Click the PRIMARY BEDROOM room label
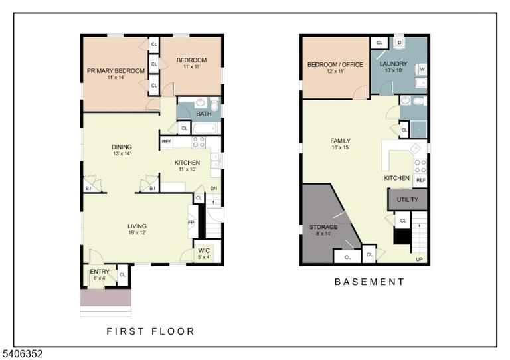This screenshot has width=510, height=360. click(x=116, y=71)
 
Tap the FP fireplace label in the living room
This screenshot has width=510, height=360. click(x=191, y=222)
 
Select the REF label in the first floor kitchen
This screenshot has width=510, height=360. click(x=167, y=141)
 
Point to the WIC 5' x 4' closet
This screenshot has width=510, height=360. click(x=204, y=253)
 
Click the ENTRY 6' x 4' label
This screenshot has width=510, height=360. click(x=100, y=274)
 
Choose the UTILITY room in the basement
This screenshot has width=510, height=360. click(x=407, y=199)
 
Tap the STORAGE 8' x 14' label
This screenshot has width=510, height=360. click(x=323, y=230)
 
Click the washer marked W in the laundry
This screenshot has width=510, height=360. click(x=422, y=69)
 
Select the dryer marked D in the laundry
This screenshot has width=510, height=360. click(x=400, y=43)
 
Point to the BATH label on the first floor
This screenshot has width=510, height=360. click(x=204, y=114)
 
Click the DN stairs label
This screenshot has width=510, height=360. click(x=214, y=188)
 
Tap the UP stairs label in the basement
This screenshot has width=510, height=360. click(x=419, y=259)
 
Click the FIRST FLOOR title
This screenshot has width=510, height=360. click(x=151, y=331)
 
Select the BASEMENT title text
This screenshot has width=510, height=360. click(x=369, y=282)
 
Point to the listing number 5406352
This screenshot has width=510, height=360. click(x=21, y=354)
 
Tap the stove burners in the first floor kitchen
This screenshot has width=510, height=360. click(x=199, y=142)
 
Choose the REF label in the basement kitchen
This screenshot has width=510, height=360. click(x=421, y=180)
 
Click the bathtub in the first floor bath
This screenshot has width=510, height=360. click(x=205, y=128)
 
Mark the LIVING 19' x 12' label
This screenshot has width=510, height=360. click(x=137, y=229)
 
